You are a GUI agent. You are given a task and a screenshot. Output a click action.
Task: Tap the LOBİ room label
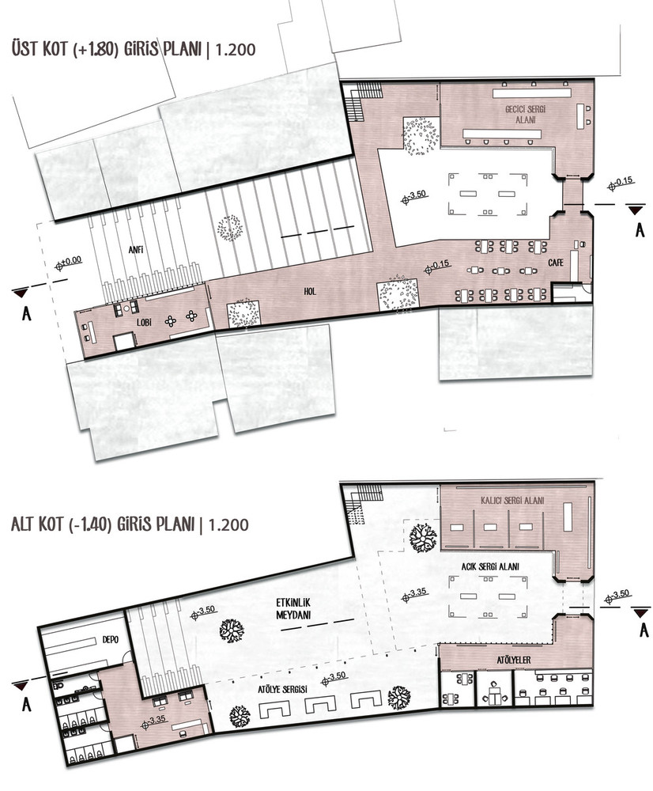[x=145, y=322]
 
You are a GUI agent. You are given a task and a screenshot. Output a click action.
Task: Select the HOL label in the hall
[x=310, y=291]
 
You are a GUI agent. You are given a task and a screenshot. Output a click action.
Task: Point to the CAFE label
[x=556, y=263]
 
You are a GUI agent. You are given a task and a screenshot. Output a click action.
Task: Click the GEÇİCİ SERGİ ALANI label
[x=526, y=114]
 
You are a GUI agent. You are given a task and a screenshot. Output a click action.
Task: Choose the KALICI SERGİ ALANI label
[x=512, y=501]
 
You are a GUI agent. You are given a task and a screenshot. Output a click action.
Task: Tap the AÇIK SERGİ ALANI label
[x=490, y=566]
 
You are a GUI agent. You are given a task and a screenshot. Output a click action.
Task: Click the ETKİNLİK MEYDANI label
[x=293, y=609]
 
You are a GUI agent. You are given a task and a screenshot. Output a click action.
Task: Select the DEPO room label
[x=111, y=639]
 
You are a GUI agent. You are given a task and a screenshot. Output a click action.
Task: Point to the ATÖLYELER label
[x=514, y=660]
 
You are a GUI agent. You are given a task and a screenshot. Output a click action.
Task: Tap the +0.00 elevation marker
[x=69, y=262]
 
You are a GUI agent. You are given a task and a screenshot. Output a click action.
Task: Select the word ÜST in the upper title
[x=25, y=49]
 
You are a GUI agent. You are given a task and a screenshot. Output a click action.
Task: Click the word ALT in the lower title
[x=23, y=524]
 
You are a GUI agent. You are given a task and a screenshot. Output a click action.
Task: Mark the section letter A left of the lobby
[x=27, y=314]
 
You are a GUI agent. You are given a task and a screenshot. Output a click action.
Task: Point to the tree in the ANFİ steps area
[x=229, y=228]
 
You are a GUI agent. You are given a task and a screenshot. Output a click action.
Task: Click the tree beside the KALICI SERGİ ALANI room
[x=423, y=538]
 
